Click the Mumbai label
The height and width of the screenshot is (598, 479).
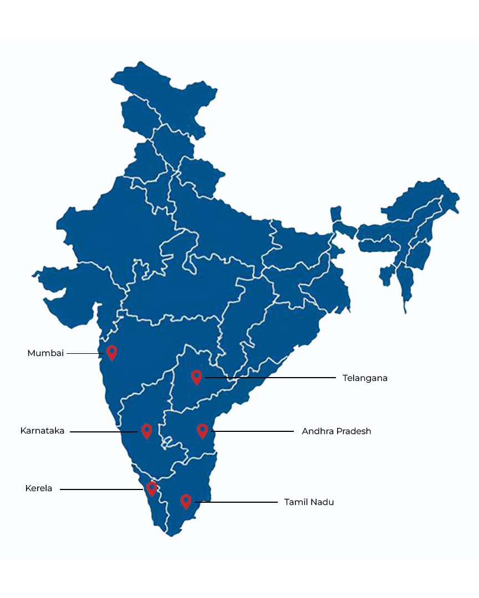45,353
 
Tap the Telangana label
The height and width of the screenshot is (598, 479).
365,378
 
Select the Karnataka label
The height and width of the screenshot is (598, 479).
42,431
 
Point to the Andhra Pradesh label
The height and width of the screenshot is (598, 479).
337,431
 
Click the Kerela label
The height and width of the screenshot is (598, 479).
39,488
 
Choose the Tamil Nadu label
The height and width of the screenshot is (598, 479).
309,502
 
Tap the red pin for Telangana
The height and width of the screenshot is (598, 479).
196,377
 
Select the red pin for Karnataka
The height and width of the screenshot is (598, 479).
147,431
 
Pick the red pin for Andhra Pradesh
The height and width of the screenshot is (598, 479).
202,430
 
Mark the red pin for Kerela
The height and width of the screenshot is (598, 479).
151,488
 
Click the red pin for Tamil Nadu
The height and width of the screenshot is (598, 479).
186,501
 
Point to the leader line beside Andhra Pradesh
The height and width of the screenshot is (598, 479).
253,431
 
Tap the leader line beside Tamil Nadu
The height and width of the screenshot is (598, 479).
236,502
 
